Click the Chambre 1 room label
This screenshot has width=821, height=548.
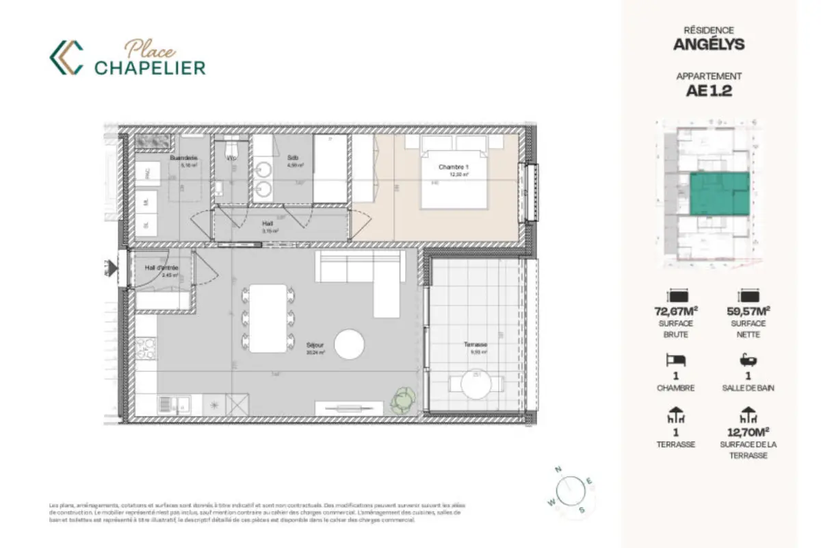pos(454,166)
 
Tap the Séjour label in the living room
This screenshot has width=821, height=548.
pos(315,345)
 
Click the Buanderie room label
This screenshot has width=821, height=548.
pos(183,158)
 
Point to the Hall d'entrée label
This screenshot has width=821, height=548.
pos(161,268)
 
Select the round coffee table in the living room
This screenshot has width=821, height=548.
pos(349,344)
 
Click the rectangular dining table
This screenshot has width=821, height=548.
pos(268,318)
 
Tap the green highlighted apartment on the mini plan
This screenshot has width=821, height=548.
pos(718,193)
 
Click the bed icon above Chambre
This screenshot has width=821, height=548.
pos(675,360)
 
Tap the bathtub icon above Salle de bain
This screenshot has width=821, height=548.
pos(748,360)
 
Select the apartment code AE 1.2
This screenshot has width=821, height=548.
pos(709,91)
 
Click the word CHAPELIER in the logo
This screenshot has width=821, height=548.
pos(150,68)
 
